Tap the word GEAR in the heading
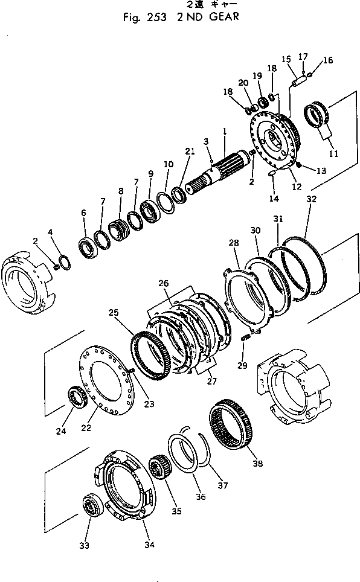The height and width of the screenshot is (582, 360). pyautogui.click(x=220, y=17)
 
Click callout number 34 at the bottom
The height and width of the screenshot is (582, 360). pyautogui.click(x=149, y=545)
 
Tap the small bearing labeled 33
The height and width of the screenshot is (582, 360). pyautogui.click(x=92, y=505)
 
